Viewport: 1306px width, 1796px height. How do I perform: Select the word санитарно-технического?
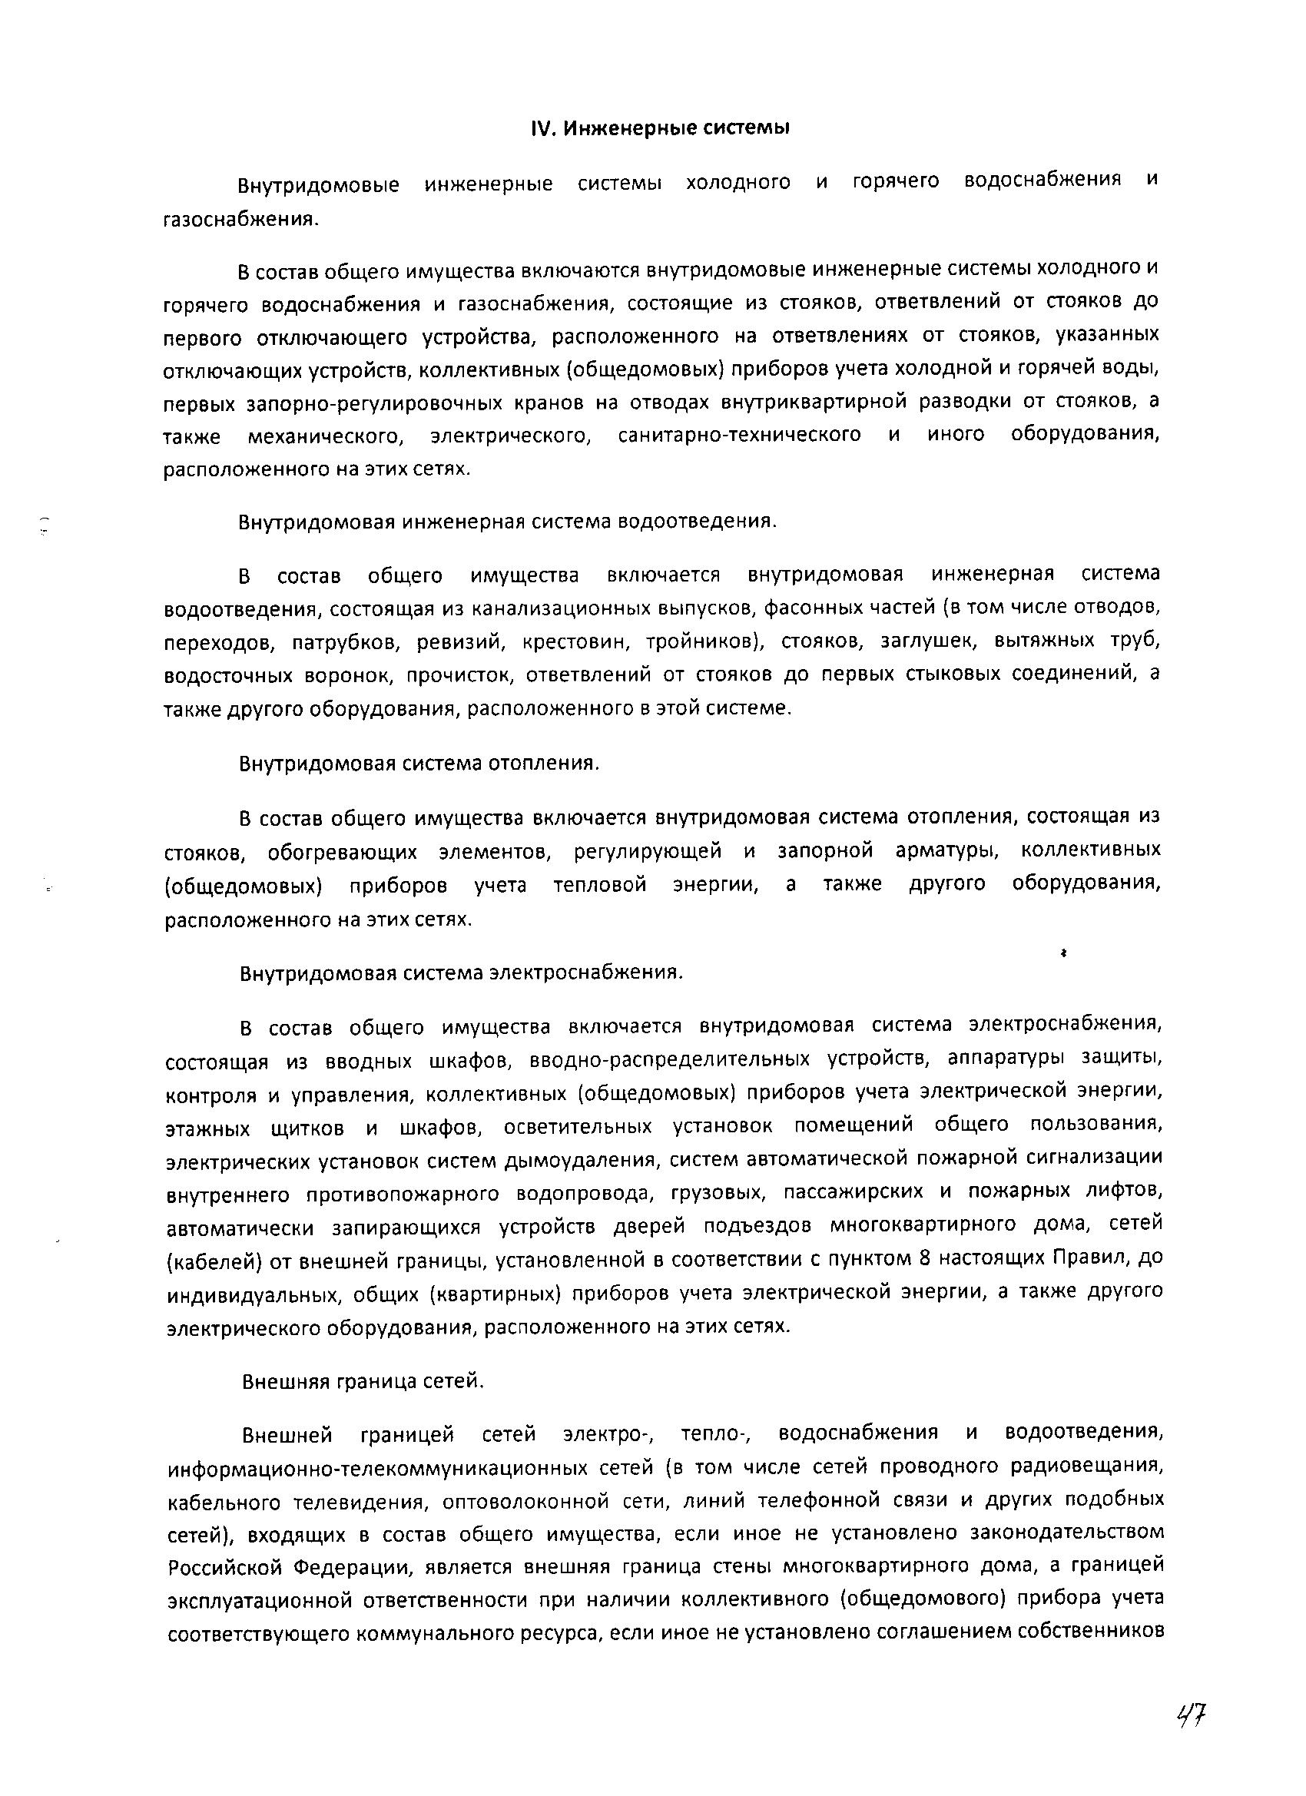(739, 435)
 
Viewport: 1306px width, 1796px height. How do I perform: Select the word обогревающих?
(342, 852)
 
